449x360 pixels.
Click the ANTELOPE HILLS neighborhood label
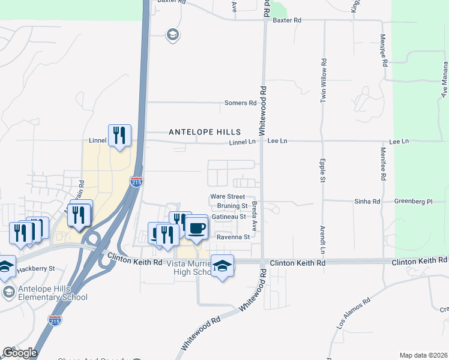[x=204, y=132]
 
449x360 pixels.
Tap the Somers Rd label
[x=240, y=103]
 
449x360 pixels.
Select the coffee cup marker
[x=196, y=227]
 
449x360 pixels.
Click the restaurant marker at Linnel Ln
[x=119, y=136]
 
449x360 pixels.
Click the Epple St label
[x=322, y=171]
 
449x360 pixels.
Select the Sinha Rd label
[x=367, y=202]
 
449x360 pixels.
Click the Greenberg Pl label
[x=414, y=202]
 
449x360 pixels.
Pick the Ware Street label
[x=228, y=197]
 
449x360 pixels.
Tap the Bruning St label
[x=229, y=206]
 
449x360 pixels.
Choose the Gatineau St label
[x=229, y=216]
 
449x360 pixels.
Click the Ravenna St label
[x=233, y=237]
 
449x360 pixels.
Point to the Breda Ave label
[x=255, y=217]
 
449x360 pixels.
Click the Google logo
[x=19, y=353]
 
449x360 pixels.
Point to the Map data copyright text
[x=423, y=355]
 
